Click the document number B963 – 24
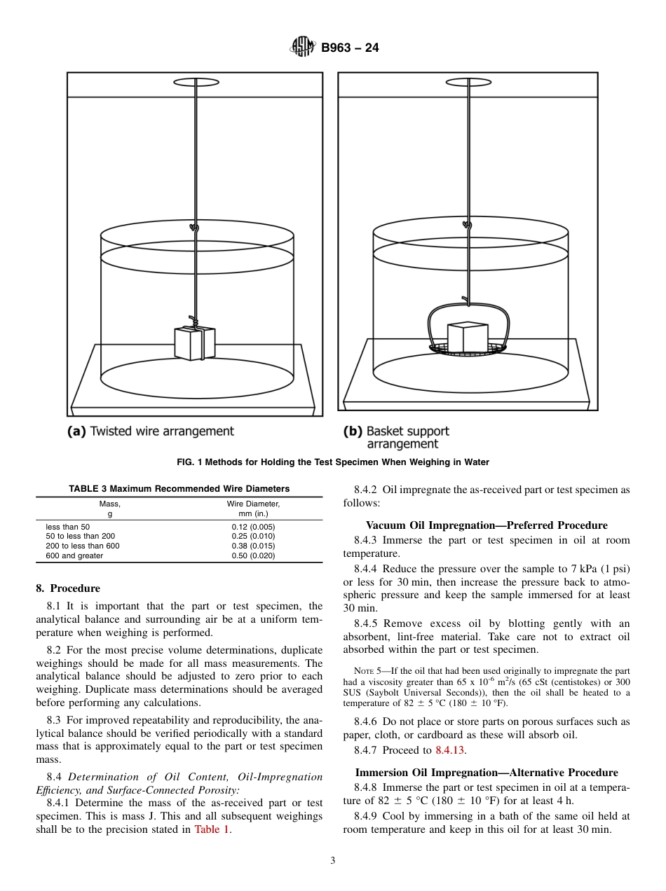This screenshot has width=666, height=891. [350, 48]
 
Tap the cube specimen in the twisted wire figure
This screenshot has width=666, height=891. [194, 343]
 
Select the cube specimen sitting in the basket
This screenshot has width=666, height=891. [467, 338]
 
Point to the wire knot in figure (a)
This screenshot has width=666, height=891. [196, 228]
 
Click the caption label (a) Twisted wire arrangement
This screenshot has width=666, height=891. [150, 431]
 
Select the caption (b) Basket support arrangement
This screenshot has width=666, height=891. [396, 437]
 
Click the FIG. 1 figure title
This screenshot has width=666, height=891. [333, 462]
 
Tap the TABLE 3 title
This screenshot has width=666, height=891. [179, 489]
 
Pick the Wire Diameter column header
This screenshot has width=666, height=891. [253, 509]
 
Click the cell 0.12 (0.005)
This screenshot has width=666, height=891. [253, 527]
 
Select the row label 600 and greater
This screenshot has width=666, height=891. [74, 555]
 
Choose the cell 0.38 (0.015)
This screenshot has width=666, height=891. [253, 546]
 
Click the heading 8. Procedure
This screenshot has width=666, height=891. [68, 588]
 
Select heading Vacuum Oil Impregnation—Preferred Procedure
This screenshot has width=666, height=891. [487, 525]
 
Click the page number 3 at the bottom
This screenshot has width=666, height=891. [333, 861]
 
